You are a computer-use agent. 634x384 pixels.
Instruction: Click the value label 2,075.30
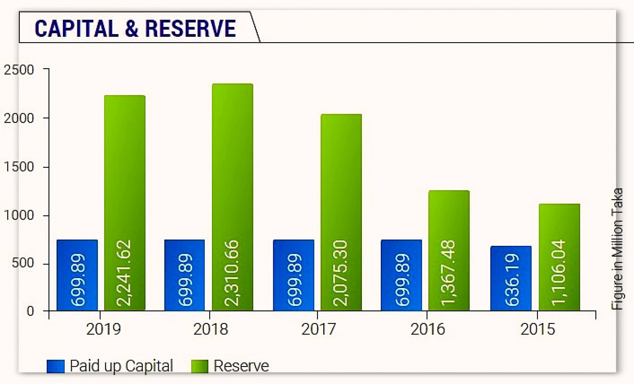point(341,273)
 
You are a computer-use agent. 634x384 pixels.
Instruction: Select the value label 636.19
point(511,280)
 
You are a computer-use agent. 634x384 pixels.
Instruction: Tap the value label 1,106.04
point(559,273)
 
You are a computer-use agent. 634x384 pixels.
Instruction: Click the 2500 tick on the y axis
point(19,70)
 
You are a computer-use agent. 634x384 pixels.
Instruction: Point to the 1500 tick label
point(19,167)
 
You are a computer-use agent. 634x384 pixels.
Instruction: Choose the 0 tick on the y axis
point(30,311)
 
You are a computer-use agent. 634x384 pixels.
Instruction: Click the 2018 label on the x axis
point(210,329)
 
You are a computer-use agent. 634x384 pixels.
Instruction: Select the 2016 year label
point(428,329)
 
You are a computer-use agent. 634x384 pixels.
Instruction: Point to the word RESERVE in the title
point(191,28)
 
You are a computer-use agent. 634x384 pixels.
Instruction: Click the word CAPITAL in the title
point(77,28)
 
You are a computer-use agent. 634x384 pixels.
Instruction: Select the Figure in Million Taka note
point(617,249)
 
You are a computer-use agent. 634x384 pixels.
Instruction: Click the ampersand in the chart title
point(131,28)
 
